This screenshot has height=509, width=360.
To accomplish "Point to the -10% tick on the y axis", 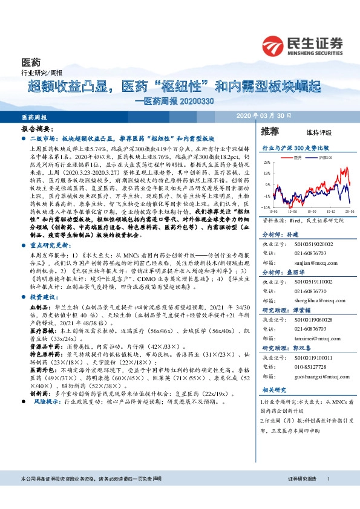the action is tap(266, 207).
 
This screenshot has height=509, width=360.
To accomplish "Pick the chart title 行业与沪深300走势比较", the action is tap(295, 147).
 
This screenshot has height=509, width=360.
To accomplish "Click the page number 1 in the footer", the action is tap(327, 496).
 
